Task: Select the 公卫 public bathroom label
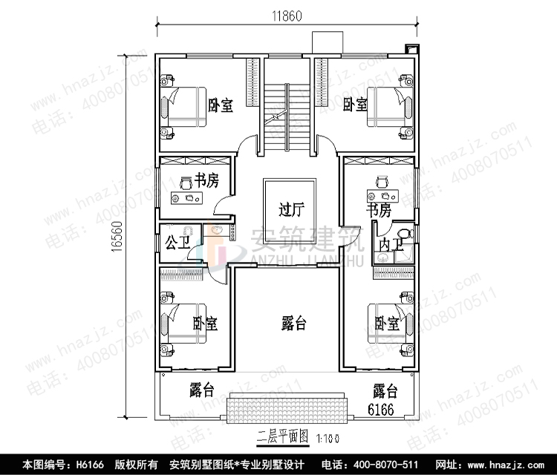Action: click(x=175, y=242)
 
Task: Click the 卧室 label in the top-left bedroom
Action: click(x=221, y=106)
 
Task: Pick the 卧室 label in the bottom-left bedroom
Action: click(x=205, y=324)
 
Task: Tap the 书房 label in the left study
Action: click(x=206, y=180)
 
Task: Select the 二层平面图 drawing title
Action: click(x=281, y=436)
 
